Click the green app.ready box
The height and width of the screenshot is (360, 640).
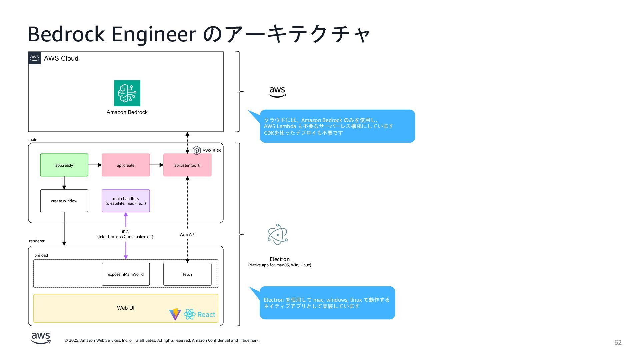(64, 165)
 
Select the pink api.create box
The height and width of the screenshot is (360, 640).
(126, 165)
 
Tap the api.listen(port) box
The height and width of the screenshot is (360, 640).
(187, 165)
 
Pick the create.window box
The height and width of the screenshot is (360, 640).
(64, 201)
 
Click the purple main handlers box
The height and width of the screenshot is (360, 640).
(126, 201)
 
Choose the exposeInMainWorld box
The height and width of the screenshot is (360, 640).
(126, 274)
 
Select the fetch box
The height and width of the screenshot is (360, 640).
(187, 274)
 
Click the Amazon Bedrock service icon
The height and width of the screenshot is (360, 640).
(127, 93)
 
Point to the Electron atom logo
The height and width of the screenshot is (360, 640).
(278, 234)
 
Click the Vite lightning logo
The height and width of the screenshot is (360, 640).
(175, 314)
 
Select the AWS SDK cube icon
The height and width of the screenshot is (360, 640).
(197, 150)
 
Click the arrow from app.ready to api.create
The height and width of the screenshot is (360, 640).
(95, 165)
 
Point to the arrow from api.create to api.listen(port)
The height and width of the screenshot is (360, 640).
(157, 165)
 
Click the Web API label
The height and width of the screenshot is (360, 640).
(187, 235)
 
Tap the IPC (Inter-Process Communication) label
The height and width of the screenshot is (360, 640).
(125, 234)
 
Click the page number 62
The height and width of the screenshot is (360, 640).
(618, 343)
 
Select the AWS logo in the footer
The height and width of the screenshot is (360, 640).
(41, 338)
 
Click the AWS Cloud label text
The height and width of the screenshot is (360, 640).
(61, 58)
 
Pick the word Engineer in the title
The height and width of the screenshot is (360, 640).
(153, 34)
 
